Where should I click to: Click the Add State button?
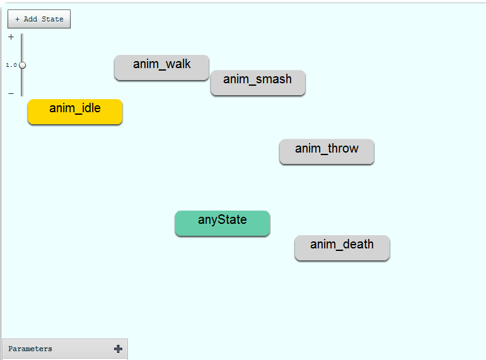[x=39, y=20]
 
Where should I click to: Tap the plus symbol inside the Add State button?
[x=17, y=20]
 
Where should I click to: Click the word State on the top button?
[x=53, y=20]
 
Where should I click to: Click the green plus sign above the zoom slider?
[x=11, y=37]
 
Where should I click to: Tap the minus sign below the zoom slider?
[x=11, y=93]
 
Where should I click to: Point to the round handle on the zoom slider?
[x=22, y=65]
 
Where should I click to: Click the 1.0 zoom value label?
[x=11, y=65]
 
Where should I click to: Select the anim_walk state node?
[x=161, y=67]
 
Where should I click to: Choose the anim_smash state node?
[x=258, y=83]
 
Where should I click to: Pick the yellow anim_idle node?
[x=75, y=112]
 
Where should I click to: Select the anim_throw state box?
[x=327, y=152]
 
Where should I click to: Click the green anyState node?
[x=223, y=223]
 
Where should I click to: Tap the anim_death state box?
[x=342, y=248]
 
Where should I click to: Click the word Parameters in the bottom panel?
[x=30, y=349]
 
